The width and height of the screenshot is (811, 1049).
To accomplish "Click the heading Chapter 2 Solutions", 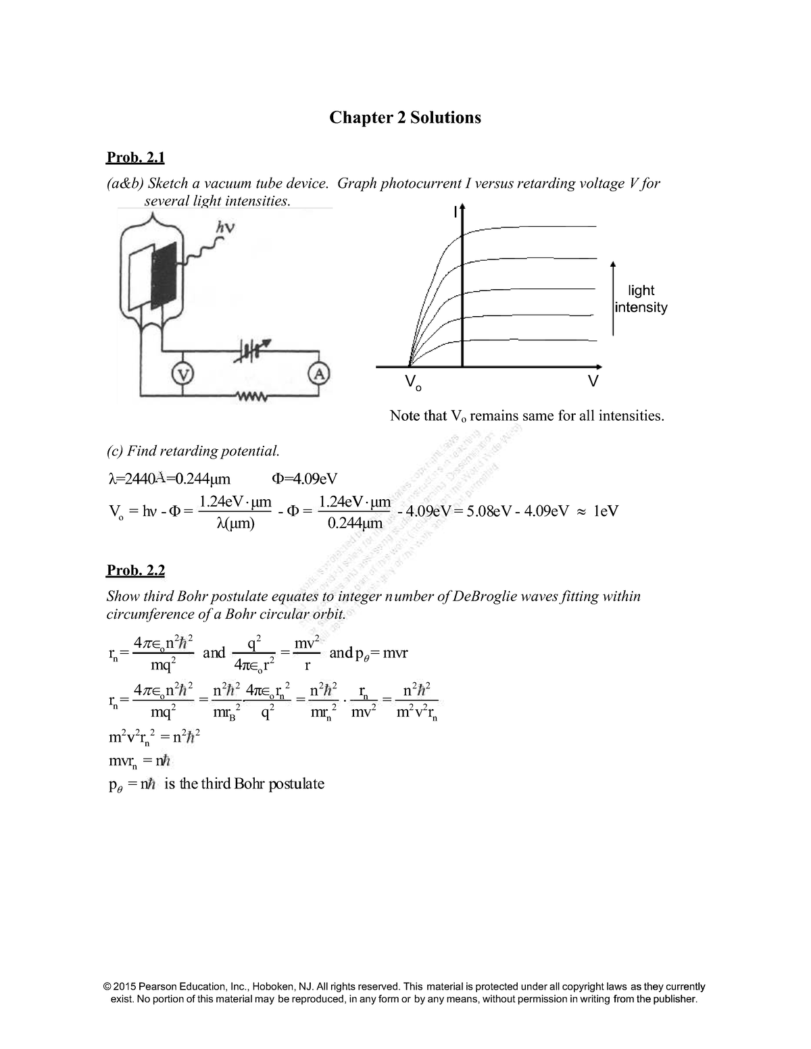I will pyautogui.click(x=405, y=118).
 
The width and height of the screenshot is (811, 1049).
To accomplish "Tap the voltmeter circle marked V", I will pyautogui.click(x=181, y=373).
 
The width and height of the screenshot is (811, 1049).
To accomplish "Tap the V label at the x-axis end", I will pyautogui.click(x=592, y=382).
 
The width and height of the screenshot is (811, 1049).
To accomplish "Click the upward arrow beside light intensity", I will pyautogui.click(x=612, y=297).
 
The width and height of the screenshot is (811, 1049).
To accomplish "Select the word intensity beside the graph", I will pyautogui.click(x=641, y=307).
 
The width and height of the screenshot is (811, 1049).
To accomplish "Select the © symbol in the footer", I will pyautogui.click(x=109, y=986).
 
